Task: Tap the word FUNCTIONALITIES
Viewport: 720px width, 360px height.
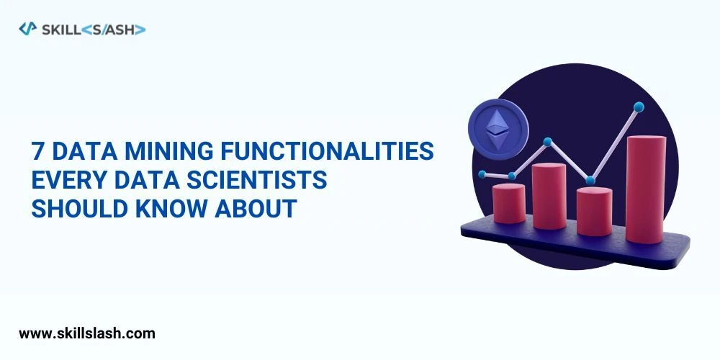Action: [x=338, y=152]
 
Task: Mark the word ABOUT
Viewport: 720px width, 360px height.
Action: [x=256, y=208]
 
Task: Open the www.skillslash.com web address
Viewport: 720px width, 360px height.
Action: [x=86, y=333]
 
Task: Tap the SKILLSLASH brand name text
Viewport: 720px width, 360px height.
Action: [x=94, y=29]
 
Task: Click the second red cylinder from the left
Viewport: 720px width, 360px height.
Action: [x=549, y=196]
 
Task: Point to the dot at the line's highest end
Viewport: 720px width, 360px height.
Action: [x=638, y=107]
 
